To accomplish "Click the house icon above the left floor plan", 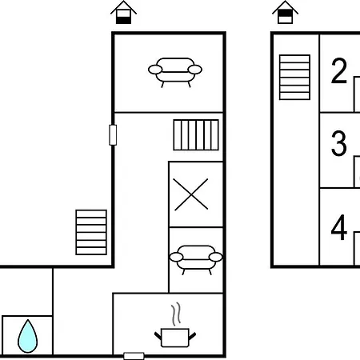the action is (x=123, y=13).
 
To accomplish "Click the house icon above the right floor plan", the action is (x=285, y=13).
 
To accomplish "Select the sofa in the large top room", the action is (x=175, y=72).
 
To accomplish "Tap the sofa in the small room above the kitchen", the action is (x=196, y=260).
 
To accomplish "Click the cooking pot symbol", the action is (x=175, y=338).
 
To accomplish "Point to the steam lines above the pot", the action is (x=176, y=314).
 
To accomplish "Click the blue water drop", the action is (x=27, y=337).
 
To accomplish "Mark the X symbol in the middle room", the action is (x=191, y=194).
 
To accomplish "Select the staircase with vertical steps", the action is (x=196, y=135).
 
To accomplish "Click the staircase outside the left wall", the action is (x=91, y=232).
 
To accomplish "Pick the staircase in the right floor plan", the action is (x=294, y=78).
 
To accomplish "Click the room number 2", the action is (x=339, y=71).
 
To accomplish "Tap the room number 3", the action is (x=339, y=143).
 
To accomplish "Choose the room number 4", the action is (x=339, y=228).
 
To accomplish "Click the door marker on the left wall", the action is (x=113, y=135).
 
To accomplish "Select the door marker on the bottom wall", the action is (x=134, y=356).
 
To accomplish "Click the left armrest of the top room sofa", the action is (x=155, y=70).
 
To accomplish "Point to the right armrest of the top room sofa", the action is (x=195, y=70).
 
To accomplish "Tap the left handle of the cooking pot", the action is (x=158, y=336).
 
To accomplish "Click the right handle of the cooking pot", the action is (x=193, y=336).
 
